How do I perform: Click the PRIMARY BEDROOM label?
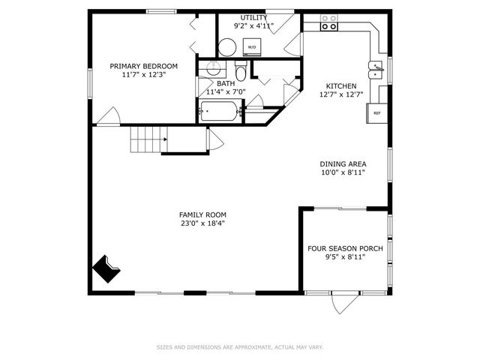tap(144, 65)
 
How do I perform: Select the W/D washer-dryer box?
tap(252, 46)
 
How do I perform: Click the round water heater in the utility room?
tap(227, 47)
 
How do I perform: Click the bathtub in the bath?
tap(219, 114)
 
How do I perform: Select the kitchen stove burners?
tap(328, 22)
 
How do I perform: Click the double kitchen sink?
tap(375, 70)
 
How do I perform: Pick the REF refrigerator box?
tap(376, 113)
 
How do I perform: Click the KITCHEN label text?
tap(340, 85)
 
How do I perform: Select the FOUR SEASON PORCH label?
tap(345, 248)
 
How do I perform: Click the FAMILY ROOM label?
tap(202, 214)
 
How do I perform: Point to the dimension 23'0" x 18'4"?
tap(202, 223)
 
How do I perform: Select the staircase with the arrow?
tap(148, 139)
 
